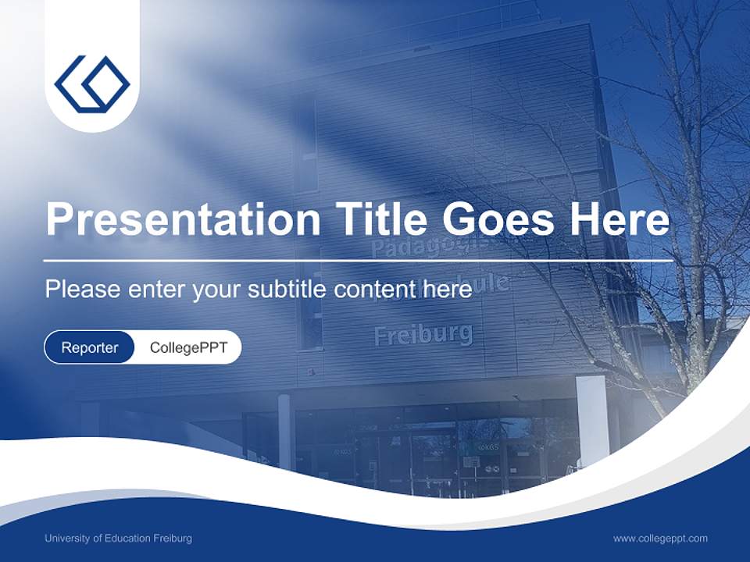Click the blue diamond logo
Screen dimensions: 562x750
tap(92, 82)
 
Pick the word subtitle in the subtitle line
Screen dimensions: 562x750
tap(289, 289)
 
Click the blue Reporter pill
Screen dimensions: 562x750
tap(90, 347)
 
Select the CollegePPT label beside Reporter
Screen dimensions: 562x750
tap(188, 347)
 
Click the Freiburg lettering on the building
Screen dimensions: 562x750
tap(423, 334)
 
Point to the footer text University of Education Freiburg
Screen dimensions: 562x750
tap(118, 539)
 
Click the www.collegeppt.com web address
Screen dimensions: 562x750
tap(660, 539)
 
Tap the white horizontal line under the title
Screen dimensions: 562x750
tap(359, 260)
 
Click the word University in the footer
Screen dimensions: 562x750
tap(66, 539)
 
